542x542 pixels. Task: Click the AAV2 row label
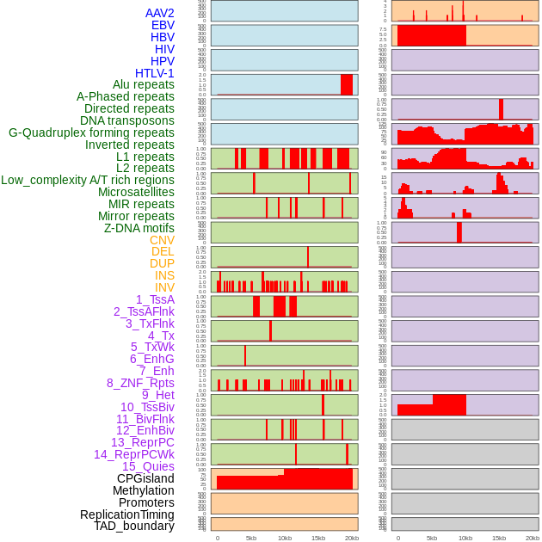pos(160,13)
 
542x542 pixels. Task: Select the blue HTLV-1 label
pos(155,73)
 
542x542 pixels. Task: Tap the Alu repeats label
pos(144,84)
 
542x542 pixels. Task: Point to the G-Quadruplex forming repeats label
pos(91,132)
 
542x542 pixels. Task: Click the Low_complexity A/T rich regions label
pos(88,180)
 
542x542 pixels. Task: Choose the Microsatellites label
pos(136,192)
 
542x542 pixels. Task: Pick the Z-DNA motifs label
pos(139,228)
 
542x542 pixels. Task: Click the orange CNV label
pos(162,240)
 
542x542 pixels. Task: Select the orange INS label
pos(164,275)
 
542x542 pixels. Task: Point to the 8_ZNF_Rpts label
pos(140,383)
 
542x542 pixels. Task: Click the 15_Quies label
pos(148,466)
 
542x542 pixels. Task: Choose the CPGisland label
pos(145,478)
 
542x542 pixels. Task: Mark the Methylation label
pos(143,490)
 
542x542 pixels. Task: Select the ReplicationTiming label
pos(127,514)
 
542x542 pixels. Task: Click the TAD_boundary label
pos(134,526)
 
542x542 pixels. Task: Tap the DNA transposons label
pos(127,120)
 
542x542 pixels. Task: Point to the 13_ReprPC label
pos(142,442)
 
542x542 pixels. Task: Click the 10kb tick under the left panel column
pos(285,538)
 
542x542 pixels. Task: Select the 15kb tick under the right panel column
pos(499,538)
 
